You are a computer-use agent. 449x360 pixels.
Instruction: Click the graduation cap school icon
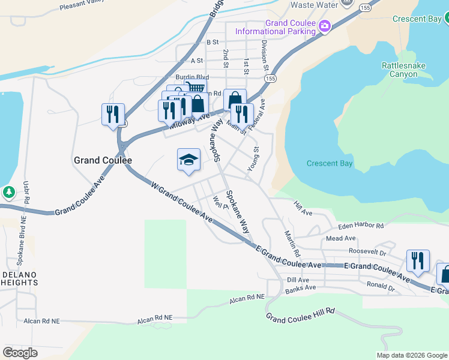pyautogui.click(x=188, y=160)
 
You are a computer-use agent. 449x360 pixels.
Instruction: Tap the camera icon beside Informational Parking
pyautogui.click(x=325, y=25)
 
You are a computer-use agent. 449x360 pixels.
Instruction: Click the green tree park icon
pyautogui.click(x=8, y=192)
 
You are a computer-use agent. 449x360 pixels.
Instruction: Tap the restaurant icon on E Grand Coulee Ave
pyautogui.click(x=418, y=261)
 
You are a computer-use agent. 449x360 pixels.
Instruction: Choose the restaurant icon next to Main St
pyautogui.click(x=242, y=114)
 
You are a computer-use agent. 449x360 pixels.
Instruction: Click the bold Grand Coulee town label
pyautogui.click(x=103, y=161)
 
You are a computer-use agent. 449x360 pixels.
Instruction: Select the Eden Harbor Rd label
pyautogui.click(x=360, y=226)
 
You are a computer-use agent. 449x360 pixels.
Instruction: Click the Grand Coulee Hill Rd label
pyautogui.click(x=300, y=315)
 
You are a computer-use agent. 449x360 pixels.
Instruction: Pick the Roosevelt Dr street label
pyautogui.click(x=367, y=253)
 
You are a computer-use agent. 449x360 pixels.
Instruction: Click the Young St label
pyautogui.click(x=253, y=158)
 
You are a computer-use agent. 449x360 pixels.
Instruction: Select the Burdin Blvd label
pyautogui.click(x=192, y=77)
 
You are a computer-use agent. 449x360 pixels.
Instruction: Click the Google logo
pyautogui.click(x=20, y=353)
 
